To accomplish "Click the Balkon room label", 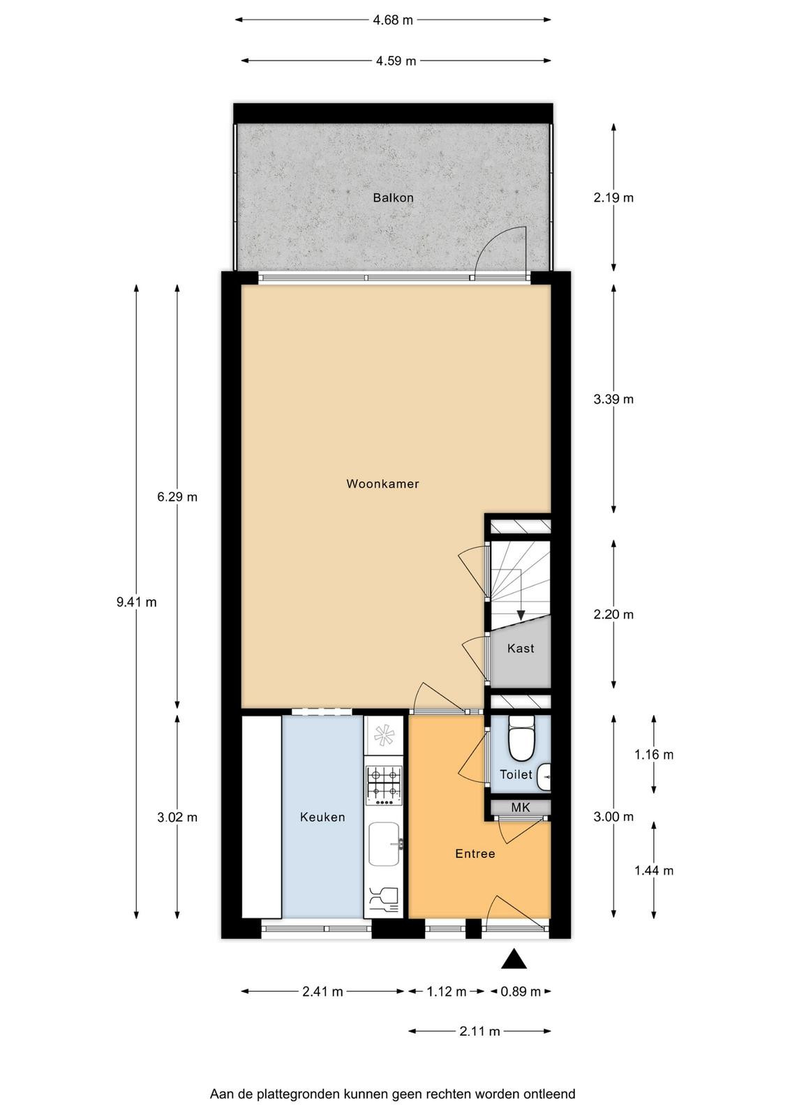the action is click(x=393, y=198).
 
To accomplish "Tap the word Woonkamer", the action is click(x=382, y=484).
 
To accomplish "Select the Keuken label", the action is click(x=322, y=817).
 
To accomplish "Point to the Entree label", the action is click(x=475, y=854).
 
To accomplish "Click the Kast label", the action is click(x=521, y=648).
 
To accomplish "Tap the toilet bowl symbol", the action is click(x=521, y=738).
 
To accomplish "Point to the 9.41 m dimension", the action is click(x=137, y=603).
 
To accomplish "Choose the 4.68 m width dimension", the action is click(x=393, y=20).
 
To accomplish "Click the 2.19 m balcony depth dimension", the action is click(x=613, y=198).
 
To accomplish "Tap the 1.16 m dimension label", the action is click(x=653, y=754).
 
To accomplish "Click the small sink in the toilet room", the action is click(x=544, y=776).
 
